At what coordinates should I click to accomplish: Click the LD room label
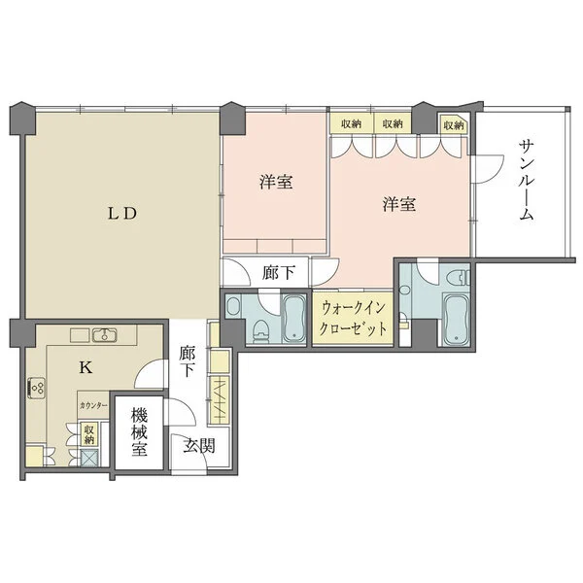122,214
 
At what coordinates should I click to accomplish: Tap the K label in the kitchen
86,367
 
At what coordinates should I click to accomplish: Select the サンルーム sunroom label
526,180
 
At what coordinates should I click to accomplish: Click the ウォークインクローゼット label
353,319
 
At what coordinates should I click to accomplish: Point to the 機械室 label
139,432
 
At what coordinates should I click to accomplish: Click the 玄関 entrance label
199,446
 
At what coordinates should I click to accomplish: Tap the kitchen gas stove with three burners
37,388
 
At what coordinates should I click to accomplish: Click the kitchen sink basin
104,335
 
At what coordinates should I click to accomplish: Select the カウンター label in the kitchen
93,405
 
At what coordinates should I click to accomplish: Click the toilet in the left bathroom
260,330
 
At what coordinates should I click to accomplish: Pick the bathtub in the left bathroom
293,319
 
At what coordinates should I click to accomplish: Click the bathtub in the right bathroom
457,320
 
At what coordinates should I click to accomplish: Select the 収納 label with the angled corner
454,125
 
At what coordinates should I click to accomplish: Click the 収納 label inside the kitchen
88,434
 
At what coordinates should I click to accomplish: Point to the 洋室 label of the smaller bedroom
276,182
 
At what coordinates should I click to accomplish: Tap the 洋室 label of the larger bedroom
399,204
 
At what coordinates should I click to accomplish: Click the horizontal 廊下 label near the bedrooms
279,273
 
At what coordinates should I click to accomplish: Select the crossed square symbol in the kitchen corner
89,458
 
